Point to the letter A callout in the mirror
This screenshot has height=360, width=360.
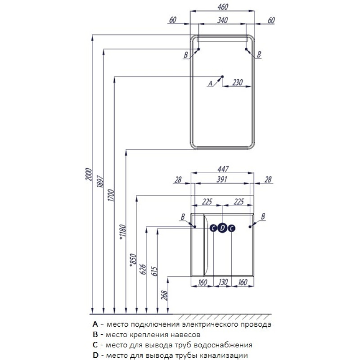coord(209,83)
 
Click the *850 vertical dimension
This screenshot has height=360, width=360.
coord(133,260)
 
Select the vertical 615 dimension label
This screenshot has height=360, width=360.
coord(155,270)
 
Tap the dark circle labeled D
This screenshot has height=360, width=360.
coord(222,228)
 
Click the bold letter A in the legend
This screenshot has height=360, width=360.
coord(94,324)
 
